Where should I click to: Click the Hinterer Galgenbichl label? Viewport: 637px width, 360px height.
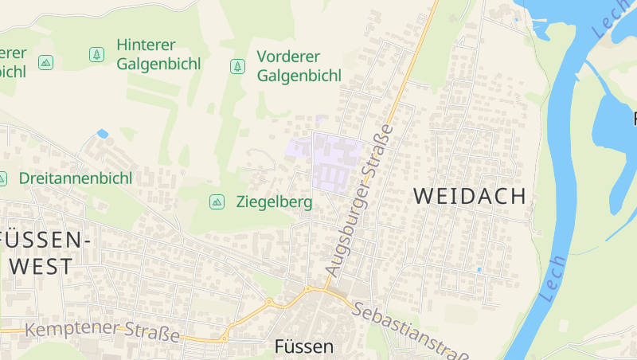click(158, 54)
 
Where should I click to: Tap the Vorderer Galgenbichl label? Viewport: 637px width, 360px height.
click(299, 66)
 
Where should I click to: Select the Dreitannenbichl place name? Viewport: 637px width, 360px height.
click(75, 178)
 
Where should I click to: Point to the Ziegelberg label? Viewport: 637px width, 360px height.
click(274, 202)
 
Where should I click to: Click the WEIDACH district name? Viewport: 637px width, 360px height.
click(470, 196)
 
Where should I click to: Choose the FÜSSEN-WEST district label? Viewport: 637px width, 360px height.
click(46, 252)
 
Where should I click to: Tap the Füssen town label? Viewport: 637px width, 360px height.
click(303, 346)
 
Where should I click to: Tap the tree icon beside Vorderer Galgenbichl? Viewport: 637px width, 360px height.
click(237, 66)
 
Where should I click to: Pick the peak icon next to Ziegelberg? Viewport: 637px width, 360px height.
click(216, 202)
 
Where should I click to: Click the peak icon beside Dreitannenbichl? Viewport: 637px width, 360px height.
click(2, 178)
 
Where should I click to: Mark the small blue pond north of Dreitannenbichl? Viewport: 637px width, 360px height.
click(102, 133)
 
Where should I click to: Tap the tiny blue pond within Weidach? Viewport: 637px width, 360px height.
click(478, 269)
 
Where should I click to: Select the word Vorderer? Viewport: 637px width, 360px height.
click(288, 57)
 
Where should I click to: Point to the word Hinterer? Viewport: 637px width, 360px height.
click(146, 45)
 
